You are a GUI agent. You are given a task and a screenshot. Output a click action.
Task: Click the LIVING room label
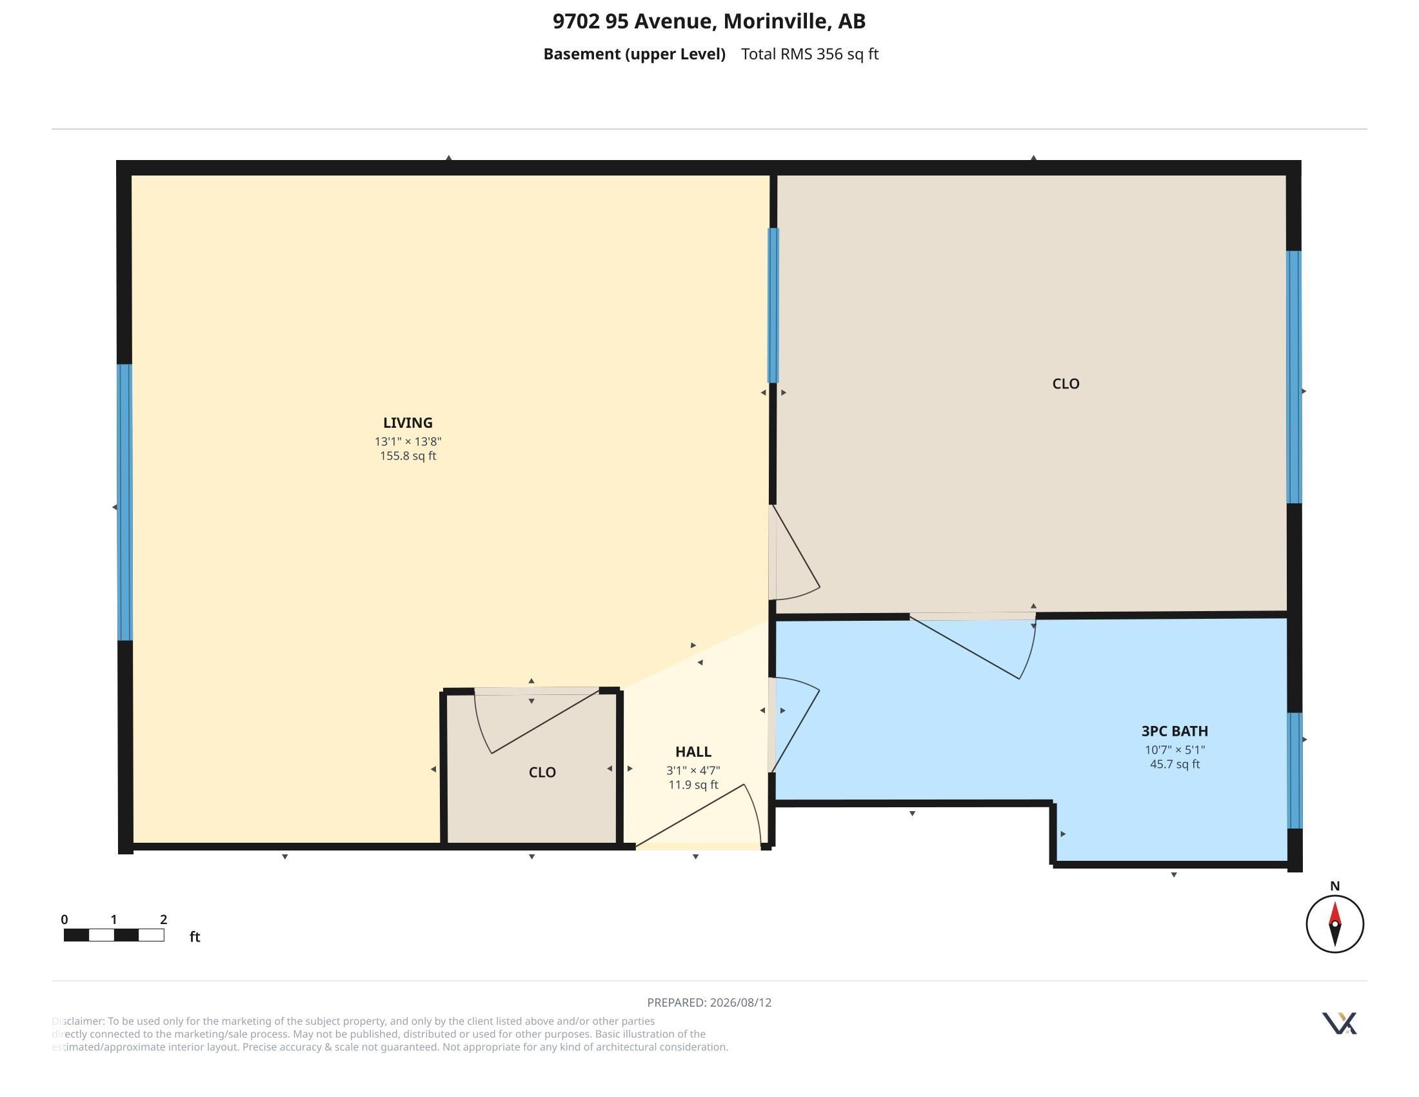[408, 423]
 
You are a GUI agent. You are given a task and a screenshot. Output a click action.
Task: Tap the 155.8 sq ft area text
[408, 456]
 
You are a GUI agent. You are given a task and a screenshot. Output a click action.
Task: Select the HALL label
[693, 751]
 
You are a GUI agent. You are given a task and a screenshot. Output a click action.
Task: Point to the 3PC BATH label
[1174, 730]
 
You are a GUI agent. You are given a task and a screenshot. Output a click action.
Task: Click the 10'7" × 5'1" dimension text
[1174, 749]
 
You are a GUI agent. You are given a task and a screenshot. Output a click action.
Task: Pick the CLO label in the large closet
[1066, 383]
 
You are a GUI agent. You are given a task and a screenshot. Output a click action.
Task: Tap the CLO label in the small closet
[542, 772]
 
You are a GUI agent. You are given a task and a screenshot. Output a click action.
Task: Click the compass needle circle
[1335, 923]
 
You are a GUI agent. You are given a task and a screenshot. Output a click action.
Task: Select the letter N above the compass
[1335, 886]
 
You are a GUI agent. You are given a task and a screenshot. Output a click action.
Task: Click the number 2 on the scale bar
[163, 919]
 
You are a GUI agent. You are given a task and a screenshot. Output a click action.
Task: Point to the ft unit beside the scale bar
[194, 936]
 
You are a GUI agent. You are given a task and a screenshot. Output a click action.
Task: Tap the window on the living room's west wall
[124, 502]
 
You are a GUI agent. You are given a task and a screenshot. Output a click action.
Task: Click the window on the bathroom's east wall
[1295, 770]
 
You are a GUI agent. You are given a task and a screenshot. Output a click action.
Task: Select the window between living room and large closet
[773, 305]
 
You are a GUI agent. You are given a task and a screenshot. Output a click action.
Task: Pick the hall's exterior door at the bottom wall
[699, 816]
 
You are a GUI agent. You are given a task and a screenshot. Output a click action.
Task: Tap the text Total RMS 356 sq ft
[809, 54]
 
